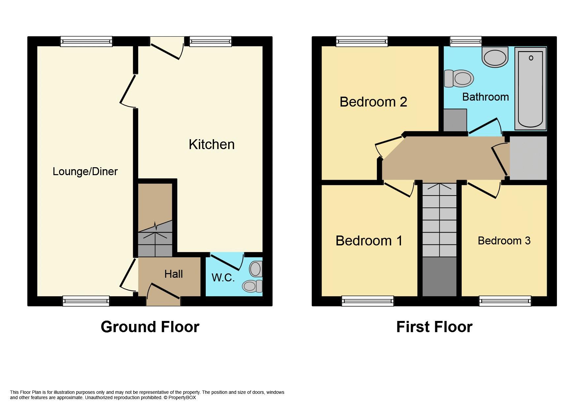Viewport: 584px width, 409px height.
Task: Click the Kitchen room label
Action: [x=211, y=144]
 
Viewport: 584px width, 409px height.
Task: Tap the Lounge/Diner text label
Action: [x=85, y=172]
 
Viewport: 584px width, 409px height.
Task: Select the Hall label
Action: [x=173, y=274]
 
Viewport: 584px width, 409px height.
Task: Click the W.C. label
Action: [x=223, y=278]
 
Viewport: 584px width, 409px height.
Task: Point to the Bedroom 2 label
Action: [x=373, y=102]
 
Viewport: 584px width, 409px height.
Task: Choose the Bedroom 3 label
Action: [x=504, y=241]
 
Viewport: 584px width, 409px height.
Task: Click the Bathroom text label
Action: [x=485, y=97]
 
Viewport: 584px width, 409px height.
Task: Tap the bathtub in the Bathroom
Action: [x=530, y=88]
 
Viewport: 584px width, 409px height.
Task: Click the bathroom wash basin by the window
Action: [x=495, y=57]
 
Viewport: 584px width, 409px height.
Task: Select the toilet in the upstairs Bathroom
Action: [x=459, y=79]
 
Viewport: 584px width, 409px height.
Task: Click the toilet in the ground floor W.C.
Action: [x=252, y=286]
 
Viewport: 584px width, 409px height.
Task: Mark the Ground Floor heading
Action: [x=150, y=327]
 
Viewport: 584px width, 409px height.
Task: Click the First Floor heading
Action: [x=434, y=327]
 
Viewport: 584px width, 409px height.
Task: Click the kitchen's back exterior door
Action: [x=167, y=49]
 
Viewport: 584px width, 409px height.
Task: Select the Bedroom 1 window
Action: [x=367, y=301]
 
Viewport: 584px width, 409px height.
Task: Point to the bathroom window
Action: [x=466, y=41]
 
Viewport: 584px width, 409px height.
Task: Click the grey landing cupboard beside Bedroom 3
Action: [x=528, y=158]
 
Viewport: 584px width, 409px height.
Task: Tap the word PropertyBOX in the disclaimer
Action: [x=182, y=398]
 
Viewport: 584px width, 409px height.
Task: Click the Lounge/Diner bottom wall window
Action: [x=86, y=301]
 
